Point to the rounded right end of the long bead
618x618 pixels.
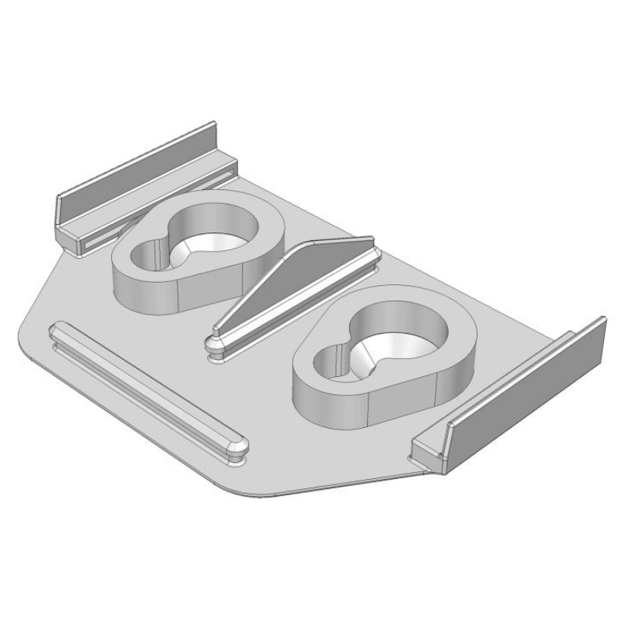point(238,446)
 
